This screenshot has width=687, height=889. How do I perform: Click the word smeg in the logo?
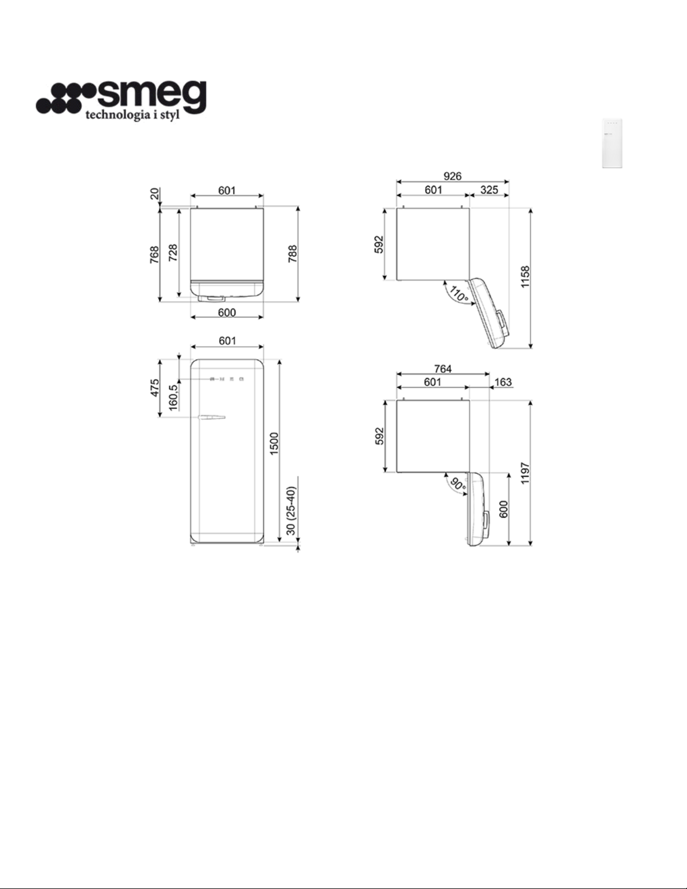click(x=151, y=96)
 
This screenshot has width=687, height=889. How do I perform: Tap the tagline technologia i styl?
click(x=132, y=116)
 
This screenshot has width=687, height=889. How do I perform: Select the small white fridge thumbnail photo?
click(x=612, y=143)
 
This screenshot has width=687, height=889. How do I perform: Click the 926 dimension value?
click(x=453, y=176)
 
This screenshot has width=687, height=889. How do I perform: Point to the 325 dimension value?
click(x=489, y=190)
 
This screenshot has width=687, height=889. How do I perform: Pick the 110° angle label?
click(x=459, y=294)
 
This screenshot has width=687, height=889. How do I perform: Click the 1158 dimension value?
click(x=525, y=277)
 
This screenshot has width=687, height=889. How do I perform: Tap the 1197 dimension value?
click(x=525, y=473)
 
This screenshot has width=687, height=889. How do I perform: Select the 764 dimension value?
click(x=443, y=369)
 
